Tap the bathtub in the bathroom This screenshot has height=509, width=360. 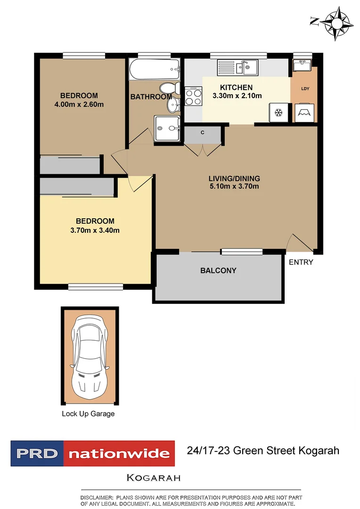[155, 70]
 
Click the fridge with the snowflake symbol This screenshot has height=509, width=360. [278, 113]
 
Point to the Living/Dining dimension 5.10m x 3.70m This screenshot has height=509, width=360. [234, 186]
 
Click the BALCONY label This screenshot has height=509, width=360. [218, 271]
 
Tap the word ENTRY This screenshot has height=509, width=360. [301, 262]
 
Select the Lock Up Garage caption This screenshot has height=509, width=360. [88, 414]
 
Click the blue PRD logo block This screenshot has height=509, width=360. [37, 454]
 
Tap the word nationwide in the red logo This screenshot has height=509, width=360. [119, 454]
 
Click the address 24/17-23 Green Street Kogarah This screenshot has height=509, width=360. [263, 451]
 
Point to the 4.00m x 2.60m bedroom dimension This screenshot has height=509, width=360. [79, 104]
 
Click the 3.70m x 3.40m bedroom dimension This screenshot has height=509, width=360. [95, 230]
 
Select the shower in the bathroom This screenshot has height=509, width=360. [167, 128]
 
